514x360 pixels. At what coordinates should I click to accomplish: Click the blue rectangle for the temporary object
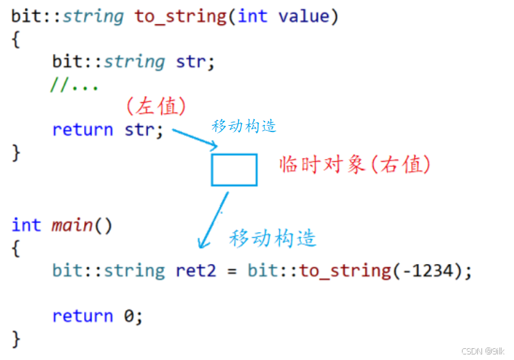tap(234, 170)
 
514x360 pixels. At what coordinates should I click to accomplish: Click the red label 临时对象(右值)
tap(355, 165)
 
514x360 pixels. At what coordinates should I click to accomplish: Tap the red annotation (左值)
tap(156, 106)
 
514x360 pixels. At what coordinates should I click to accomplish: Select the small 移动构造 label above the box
tap(244, 126)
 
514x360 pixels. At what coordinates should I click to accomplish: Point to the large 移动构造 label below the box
tap(273, 238)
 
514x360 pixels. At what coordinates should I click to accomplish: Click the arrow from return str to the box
tap(195, 138)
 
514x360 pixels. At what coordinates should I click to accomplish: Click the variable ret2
tap(196, 270)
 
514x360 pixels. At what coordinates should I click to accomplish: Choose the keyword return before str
tap(82, 130)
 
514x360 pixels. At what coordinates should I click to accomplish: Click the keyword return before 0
tap(82, 316)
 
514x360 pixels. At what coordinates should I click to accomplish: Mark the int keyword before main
tap(26, 225)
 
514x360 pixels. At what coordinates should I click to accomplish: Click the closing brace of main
tap(17, 339)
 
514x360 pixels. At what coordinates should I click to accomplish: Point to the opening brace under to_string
tap(17, 39)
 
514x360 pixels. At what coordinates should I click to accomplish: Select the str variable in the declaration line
tap(192, 61)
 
